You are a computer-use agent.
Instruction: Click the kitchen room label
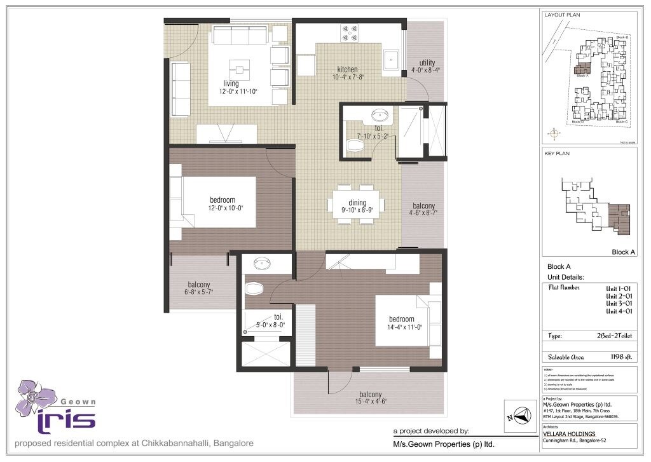click(x=347, y=69)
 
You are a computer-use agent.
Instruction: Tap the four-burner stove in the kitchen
click(x=349, y=32)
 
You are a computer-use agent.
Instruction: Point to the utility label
click(x=427, y=63)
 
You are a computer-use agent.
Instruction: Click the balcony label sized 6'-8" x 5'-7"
click(x=199, y=285)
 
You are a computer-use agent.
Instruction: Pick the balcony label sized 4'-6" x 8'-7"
click(x=423, y=207)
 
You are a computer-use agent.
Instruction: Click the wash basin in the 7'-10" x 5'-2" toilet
click(x=380, y=116)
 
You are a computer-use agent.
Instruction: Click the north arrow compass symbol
click(x=519, y=415)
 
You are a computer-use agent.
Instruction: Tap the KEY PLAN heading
click(x=557, y=153)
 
